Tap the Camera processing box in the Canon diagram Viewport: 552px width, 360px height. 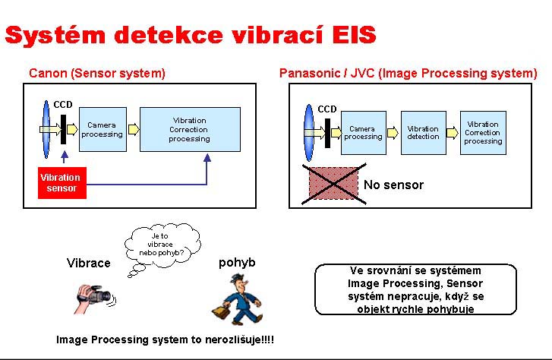tap(102, 129)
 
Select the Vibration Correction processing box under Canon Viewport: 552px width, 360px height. tap(189, 129)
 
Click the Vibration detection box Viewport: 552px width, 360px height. tap(423, 132)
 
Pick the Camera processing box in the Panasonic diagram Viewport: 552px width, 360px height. tap(363, 132)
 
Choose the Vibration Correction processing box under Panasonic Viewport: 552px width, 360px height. tap(483, 132)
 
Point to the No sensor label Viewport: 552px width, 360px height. tap(393, 185)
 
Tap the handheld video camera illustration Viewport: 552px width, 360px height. tap(93, 296)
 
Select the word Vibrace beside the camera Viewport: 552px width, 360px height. tap(89, 263)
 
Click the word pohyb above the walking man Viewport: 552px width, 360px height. tap(237, 263)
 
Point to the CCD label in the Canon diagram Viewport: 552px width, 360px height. tap(63, 104)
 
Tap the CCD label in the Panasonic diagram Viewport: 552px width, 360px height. tap(327, 109)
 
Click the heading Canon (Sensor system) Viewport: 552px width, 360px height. tap(97, 74)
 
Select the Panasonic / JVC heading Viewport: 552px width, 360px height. tap(408, 74)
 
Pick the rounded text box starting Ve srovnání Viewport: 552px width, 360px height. tap(415, 289)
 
